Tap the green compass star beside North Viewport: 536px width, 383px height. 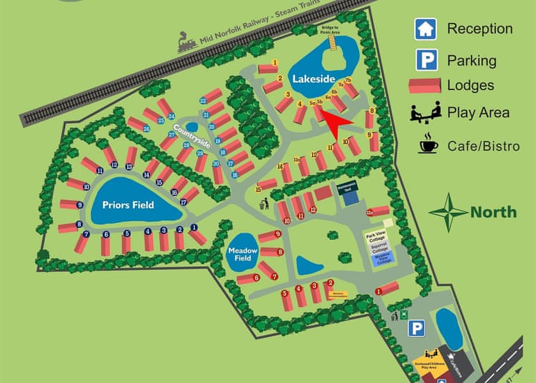[448, 213]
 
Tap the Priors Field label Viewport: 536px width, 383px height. [130, 206]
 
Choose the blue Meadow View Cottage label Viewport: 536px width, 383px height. [383, 260]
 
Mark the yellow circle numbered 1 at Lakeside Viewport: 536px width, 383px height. [275, 63]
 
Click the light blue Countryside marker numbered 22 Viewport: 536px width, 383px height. [203, 101]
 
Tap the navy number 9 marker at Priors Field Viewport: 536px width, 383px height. [80, 205]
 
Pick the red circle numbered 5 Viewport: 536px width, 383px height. [285, 292]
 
